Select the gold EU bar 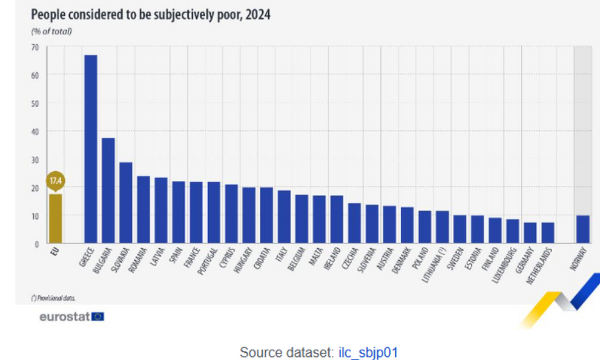(55, 218)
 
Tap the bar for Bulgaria (108, 191)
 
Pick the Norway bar (583, 229)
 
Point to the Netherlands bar (547, 233)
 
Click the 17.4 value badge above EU (55, 181)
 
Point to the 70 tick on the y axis (35, 47)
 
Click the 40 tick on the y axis (35, 131)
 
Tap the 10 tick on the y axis (35, 216)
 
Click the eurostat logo (72, 316)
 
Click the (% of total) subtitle (51, 31)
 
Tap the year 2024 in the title (258, 15)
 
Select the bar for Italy (284, 217)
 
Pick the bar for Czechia (354, 223)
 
